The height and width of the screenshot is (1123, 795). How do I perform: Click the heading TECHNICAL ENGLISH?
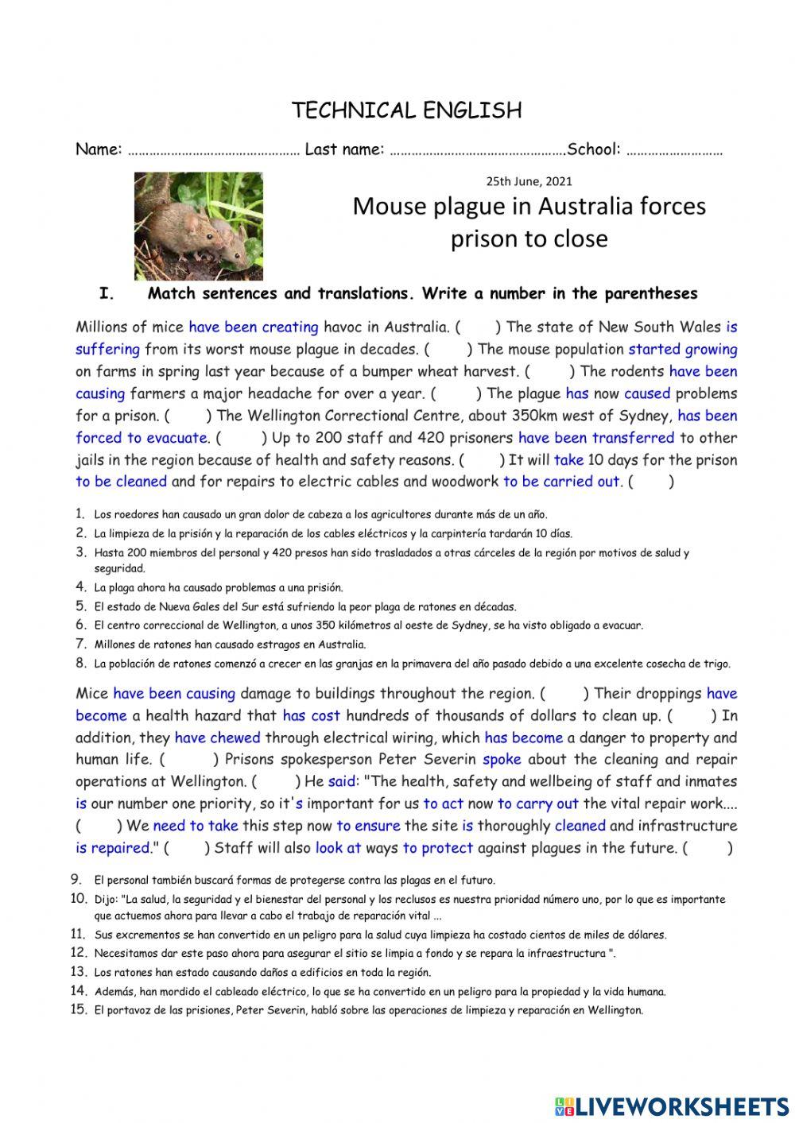[x=406, y=110]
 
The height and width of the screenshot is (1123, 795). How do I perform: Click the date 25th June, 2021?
[x=529, y=181]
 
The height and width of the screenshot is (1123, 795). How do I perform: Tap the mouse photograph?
[x=198, y=225]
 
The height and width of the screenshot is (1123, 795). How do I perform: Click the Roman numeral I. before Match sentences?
[x=107, y=294]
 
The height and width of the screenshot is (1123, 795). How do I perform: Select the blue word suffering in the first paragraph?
[x=107, y=349]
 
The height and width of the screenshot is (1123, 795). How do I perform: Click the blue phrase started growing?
[x=682, y=349]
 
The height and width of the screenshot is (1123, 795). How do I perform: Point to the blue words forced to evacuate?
[x=142, y=438]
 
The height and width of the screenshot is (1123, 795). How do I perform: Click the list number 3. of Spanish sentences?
[x=81, y=552]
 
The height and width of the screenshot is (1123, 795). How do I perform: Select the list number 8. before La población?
[x=81, y=663]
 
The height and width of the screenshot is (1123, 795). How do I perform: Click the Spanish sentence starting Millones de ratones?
[x=230, y=645]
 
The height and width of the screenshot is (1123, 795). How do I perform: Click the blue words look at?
[x=338, y=848]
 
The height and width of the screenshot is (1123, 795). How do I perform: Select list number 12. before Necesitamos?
[x=78, y=952]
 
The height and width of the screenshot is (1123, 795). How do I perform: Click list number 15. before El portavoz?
[x=78, y=1010]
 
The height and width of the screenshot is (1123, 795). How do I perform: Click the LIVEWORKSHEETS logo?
[x=672, y=1106]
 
